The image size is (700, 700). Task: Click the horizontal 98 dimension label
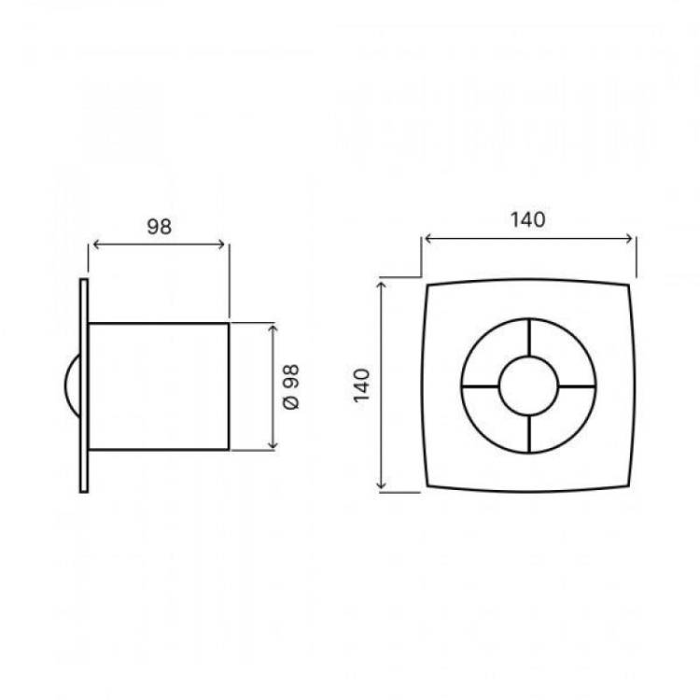[x=160, y=227]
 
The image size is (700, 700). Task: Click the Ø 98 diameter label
[x=291, y=386]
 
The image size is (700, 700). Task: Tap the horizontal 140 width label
[x=527, y=219]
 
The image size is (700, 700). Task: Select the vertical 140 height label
[x=361, y=385]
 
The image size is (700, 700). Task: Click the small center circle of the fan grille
[x=528, y=357]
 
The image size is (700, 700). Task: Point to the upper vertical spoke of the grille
[x=529, y=338]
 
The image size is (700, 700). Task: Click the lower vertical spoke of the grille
[x=529, y=434]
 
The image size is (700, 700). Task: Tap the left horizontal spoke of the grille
[x=481, y=386]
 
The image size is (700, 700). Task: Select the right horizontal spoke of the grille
[x=577, y=386]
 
